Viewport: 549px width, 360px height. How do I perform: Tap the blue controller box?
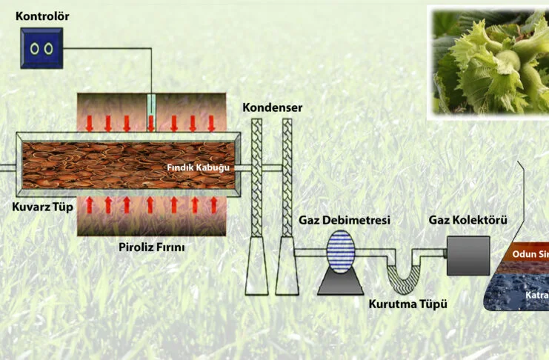click(x=41, y=48)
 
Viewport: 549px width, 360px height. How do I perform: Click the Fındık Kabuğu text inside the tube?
click(x=199, y=167)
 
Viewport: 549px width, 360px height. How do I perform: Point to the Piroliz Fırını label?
click(x=151, y=247)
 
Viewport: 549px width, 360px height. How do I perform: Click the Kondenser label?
click(x=273, y=107)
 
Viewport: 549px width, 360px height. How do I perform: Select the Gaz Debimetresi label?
click(x=344, y=221)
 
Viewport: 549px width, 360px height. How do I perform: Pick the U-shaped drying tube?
click(x=405, y=274)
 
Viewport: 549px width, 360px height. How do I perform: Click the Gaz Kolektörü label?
click(x=468, y=221)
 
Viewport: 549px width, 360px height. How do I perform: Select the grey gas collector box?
click(x=468, y=256)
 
